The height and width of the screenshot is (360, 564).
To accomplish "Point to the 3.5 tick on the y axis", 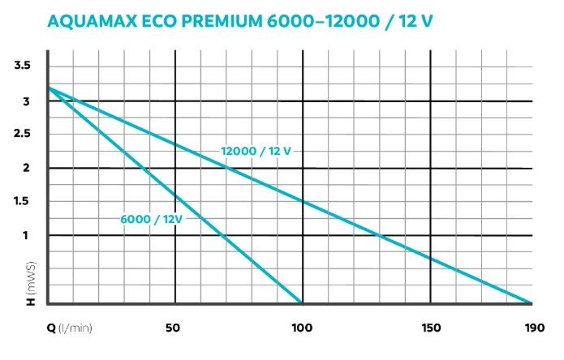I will click(x=22, y=65).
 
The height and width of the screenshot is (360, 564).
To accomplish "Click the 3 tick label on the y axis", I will click(x=27, y=101).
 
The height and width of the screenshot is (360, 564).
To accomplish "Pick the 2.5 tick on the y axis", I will click(x=22, y=135).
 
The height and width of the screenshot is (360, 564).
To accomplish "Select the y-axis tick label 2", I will click(x=27, y=168).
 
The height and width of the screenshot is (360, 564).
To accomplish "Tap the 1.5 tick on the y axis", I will click(x=22, y=202).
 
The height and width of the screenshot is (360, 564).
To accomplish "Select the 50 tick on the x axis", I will click(x=172, y=329).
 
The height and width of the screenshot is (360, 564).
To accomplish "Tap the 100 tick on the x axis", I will click(x=302, y=329).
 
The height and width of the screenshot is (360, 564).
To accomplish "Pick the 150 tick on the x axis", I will click(x=431, y=329).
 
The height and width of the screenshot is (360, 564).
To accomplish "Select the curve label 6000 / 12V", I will click(x=152, y=219).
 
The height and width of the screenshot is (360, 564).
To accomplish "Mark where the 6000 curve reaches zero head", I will click(x=302, y=303).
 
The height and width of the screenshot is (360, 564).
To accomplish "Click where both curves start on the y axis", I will click(x=47, y=86).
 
